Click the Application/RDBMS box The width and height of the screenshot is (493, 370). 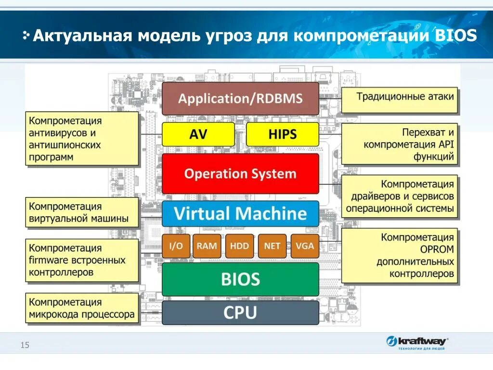point(240,99)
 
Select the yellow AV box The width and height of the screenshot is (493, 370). point(198,134)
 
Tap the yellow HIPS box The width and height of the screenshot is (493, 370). point(282,134)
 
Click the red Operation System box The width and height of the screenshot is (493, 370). point(240,173)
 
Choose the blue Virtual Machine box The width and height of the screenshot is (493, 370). point(240,213)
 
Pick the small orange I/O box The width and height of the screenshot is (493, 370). point(176,246)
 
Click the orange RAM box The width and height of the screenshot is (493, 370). point(207,246)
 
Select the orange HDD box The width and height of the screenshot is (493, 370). point(239,246)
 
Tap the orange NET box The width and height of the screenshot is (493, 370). point(272,246)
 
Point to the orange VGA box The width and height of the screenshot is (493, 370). point(304,246)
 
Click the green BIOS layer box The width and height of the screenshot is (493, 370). point(240,279)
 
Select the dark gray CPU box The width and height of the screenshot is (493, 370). point(240,313)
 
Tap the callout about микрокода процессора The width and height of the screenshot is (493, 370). point(82,309)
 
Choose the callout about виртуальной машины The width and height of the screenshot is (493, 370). point(82,212)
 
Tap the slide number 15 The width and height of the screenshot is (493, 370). point(25,345)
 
